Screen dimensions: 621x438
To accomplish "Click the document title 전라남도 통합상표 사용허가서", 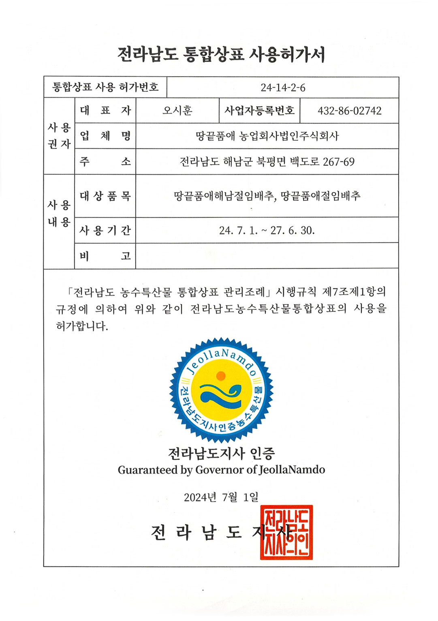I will pyautogui.click(x=221, y=54).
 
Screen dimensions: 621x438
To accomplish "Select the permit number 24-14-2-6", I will pyautogui.click(x=283, y=88).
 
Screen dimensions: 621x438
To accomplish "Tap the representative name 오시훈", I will pyautogui.click(x=177, y=111).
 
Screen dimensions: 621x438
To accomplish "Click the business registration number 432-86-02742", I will pyautogui.click(x=349, y=111).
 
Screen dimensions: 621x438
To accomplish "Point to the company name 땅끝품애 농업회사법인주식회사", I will pyautogui.click(x=267, y=136).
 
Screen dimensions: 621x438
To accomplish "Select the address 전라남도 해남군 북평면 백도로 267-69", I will pyautogui.click(x=267, y=162).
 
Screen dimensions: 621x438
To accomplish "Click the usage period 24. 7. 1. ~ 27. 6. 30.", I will pyautogui.click(x=267, y=230).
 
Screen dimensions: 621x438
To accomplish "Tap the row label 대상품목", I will pyautogui.click(x=105, y=196).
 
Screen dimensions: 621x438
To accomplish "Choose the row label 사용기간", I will pyautogui.click(x=105, y=230).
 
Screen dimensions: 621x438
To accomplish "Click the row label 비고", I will pyautogui.click(x=105, y=256).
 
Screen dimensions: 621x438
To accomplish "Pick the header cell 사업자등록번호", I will pyautogui.click(x=259, y=111).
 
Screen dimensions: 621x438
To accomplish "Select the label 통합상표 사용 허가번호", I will pyautogui.click(x=105, y=87).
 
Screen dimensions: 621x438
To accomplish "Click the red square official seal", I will pyautogui.click(x=286, y=532).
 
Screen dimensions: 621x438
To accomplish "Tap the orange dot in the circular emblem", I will pyautogui.click(x=221, y=376).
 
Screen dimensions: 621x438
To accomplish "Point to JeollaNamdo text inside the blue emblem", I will pyautogui.click(x=221, y=360).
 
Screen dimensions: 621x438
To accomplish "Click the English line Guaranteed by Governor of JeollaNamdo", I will pyautogui.click(x=221, y=470).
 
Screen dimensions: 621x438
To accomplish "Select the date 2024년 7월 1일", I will pyautogui.click(x=221, y=497).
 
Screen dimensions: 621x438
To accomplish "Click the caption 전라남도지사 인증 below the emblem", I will pyautogui.click(x=221, y=453).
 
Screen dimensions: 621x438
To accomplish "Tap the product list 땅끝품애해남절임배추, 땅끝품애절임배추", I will pyautogui.click(x=267, y=196).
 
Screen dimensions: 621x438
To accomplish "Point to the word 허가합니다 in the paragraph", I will pyautogui.click(x=82, y=326).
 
